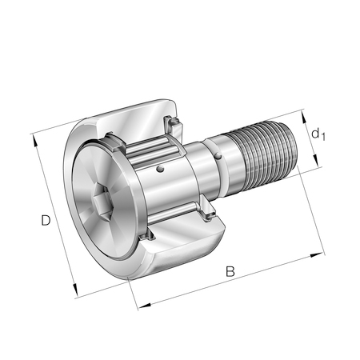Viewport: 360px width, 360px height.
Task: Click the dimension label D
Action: click(46, 220)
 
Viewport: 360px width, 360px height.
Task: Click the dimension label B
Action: click(230, 271)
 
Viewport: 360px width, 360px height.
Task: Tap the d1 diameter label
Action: click(318, 134)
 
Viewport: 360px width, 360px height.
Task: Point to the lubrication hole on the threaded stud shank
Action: click(218, 155)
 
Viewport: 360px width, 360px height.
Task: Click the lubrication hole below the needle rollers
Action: click(160, 169)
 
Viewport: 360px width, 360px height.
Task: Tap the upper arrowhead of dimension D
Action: click(34, 141)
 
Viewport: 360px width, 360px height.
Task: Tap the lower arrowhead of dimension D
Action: click(76, 290)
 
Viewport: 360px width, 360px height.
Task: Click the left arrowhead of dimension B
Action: click(145, 306)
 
